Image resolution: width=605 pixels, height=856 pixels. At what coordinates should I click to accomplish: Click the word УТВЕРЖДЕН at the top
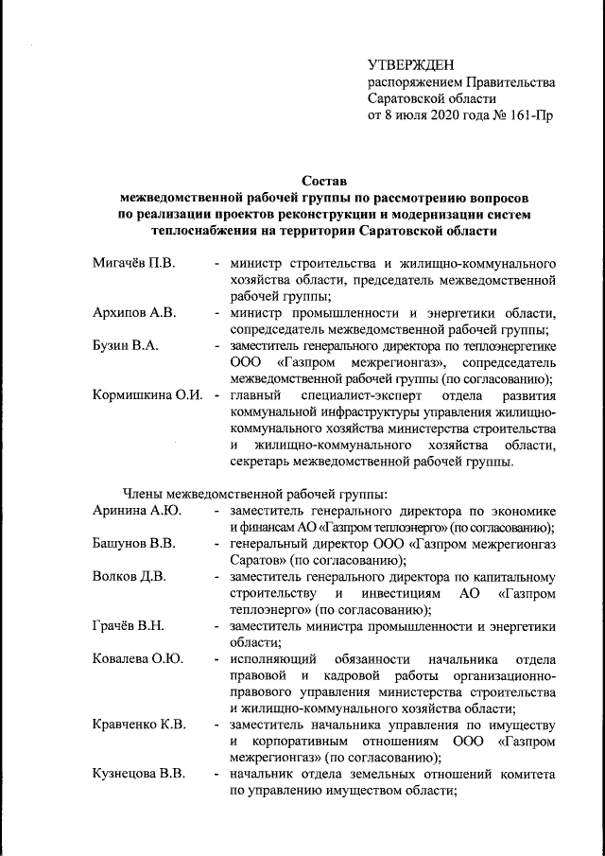[x=410, y=64]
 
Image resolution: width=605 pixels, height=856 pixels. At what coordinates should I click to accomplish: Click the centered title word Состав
[x=324, y=180]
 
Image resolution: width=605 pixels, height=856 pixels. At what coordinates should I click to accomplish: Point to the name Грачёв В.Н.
[x=129, y=628]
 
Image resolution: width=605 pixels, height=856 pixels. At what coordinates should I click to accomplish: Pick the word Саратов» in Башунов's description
[x=255, y=561]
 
